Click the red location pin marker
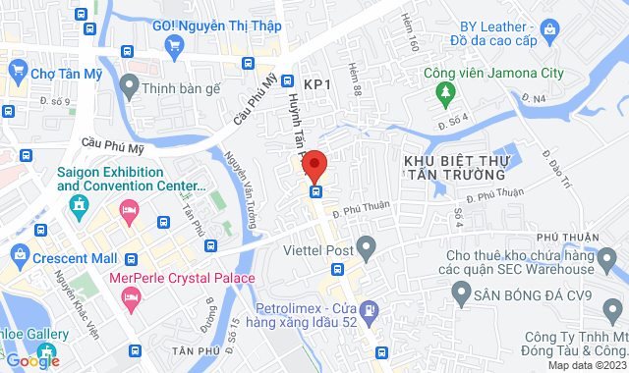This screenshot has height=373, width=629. (314, 162)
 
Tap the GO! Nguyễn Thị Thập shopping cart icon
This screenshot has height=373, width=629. (174, 44)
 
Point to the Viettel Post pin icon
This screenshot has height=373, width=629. (366, 245)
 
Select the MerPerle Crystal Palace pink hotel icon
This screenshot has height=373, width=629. (129, 293)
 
